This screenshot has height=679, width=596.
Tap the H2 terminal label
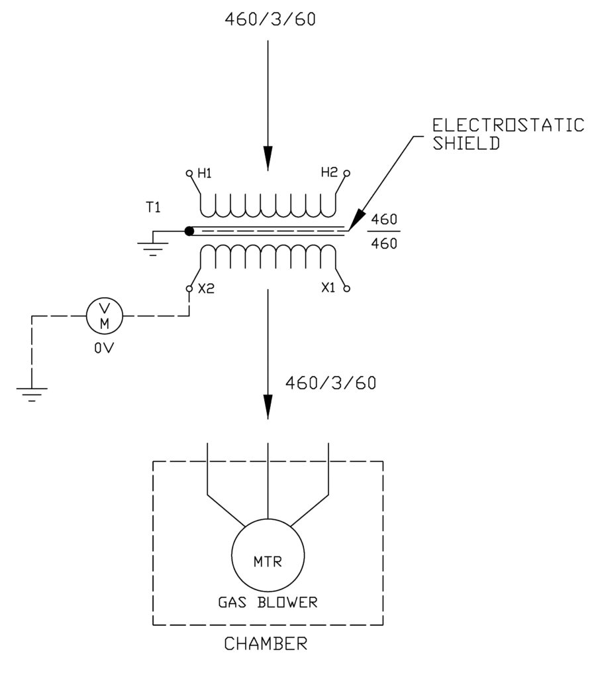329,172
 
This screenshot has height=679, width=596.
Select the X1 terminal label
328,289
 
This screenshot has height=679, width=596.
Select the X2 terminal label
205,289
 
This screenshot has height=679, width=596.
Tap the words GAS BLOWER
268,603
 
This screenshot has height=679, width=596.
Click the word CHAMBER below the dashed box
266,643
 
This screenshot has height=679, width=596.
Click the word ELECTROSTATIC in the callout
508,125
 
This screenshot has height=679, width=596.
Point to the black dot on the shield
189,231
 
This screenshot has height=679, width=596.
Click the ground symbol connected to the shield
153,247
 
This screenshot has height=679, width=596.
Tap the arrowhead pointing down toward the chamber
268,406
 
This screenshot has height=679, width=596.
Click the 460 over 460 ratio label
385,231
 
